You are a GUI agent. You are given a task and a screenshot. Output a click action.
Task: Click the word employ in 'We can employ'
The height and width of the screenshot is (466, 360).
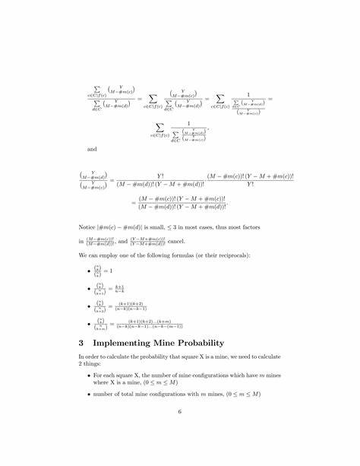tap(114, 256)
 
